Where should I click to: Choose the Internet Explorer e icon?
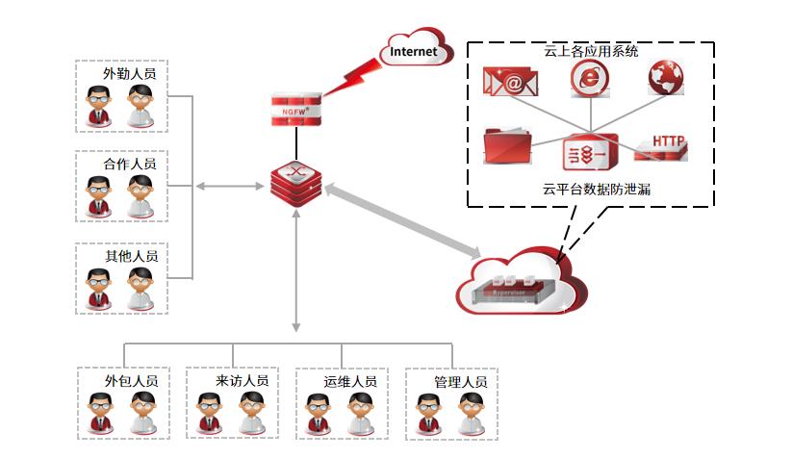tap(588, 79)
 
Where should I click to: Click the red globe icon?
tap(666, 78)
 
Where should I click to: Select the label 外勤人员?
tap(130, 73)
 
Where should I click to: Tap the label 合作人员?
tap(130, 164)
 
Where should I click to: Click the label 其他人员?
tap(131, 256)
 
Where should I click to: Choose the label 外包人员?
tap(131, 380)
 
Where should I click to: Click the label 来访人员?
tap(242, 380)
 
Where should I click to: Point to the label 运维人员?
tap(350, 381)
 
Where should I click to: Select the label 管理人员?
tap(460, 381)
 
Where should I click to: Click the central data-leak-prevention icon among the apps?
tap(589, 152)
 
